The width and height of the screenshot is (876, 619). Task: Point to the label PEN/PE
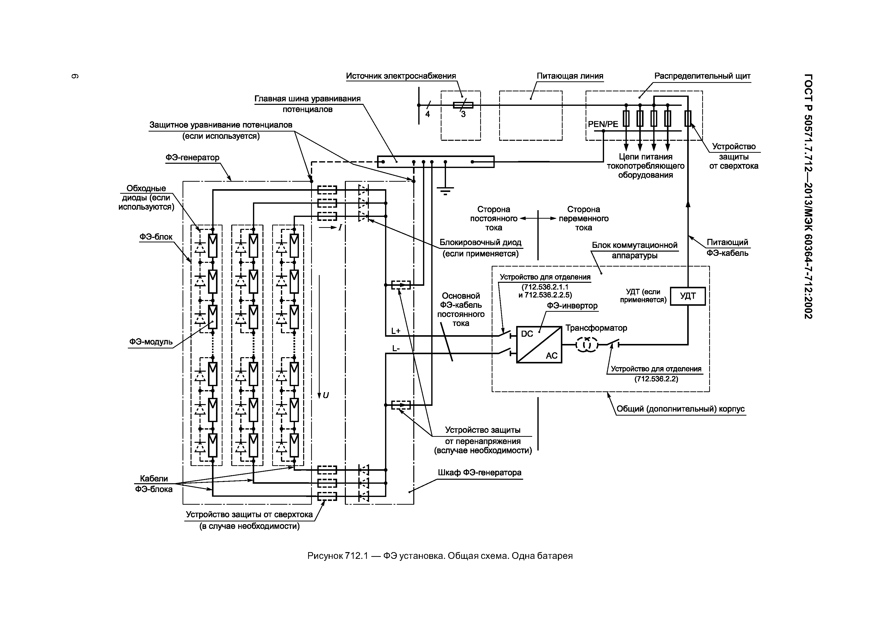(x=603, y=124)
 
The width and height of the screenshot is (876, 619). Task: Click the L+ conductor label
(x=396, y=331)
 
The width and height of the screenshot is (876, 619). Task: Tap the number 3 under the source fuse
(x=463, y=114)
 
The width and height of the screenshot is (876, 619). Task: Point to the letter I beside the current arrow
(x=340, y=228)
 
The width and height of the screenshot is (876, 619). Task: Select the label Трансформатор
(x=596, y=328)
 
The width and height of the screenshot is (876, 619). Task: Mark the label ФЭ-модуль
(x=151, y=342)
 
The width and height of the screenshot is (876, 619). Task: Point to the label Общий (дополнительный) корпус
(x=680, y=409)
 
